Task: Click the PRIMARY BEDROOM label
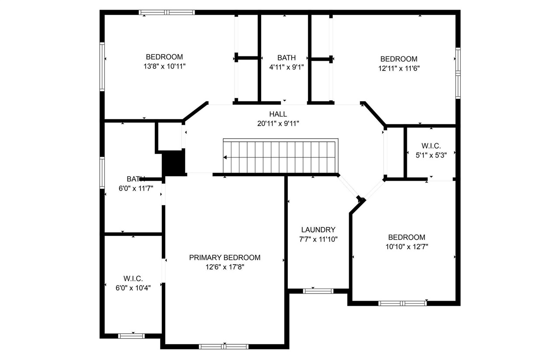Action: pos(224,258)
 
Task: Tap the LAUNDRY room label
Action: pos(318,230)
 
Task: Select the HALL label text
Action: pos(278,114)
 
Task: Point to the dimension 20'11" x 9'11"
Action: pos(278,123)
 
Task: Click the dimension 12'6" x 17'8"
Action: pos(224,267)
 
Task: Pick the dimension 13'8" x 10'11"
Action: pos(164,66)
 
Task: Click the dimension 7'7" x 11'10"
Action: pos(318,239)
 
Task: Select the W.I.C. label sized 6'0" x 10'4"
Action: pos(133,279)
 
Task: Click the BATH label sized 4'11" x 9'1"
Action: pos(286,58)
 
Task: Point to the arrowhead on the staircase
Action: pos(225,157)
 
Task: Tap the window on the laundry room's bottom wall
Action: pos(318,291)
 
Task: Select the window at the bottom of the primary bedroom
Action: pos(224,346)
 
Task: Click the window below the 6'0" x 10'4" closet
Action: pos(132,336)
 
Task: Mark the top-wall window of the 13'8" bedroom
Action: pos(167,13)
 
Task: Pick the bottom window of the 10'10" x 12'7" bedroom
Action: pos(402,303)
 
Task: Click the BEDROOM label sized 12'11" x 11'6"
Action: pos(399,59)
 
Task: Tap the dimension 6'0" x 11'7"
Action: pos(136,189)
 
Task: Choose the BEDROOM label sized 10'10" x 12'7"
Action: pos(406,237)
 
